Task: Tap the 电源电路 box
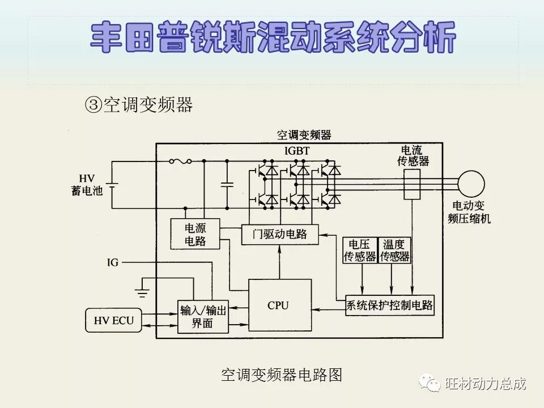pos(195,234)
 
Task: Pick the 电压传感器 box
pos(360,250)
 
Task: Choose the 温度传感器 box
pos(395,250)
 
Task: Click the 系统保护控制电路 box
pos(389,307)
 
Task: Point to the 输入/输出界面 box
pos(203,316)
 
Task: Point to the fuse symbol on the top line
pos(180,161)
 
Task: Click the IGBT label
pos(297,150)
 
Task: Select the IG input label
pos(113,263)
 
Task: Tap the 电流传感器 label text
pos(413,155)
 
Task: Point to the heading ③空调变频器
pos(139,104)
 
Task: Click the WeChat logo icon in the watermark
pos(430,384)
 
